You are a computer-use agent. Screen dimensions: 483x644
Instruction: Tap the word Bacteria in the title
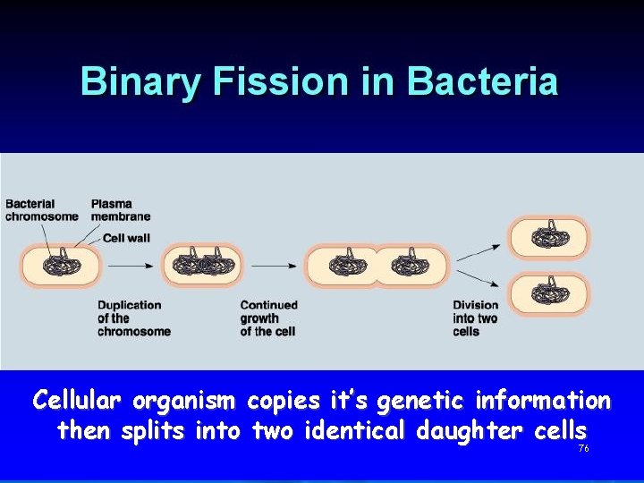(x=482, y=81)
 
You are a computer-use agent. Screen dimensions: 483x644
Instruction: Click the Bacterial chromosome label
(x=42, y=210)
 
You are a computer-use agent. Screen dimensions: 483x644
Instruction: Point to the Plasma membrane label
(x=121, y=210)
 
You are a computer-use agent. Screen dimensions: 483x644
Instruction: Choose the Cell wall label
(x=128, y=238)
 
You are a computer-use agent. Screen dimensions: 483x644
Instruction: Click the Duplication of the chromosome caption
(x=134, y=318)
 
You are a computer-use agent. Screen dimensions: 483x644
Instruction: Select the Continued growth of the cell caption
(x=268, y=318)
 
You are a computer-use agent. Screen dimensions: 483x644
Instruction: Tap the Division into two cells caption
(x=475, y=318)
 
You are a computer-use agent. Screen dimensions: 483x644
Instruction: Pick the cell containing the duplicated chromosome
(x=202, y=266)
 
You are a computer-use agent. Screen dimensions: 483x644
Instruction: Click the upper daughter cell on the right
(x=549, y=238)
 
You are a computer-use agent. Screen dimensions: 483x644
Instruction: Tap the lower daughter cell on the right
(x=549, y=294)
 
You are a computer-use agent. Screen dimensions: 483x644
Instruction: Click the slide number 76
(x=583, y=448)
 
